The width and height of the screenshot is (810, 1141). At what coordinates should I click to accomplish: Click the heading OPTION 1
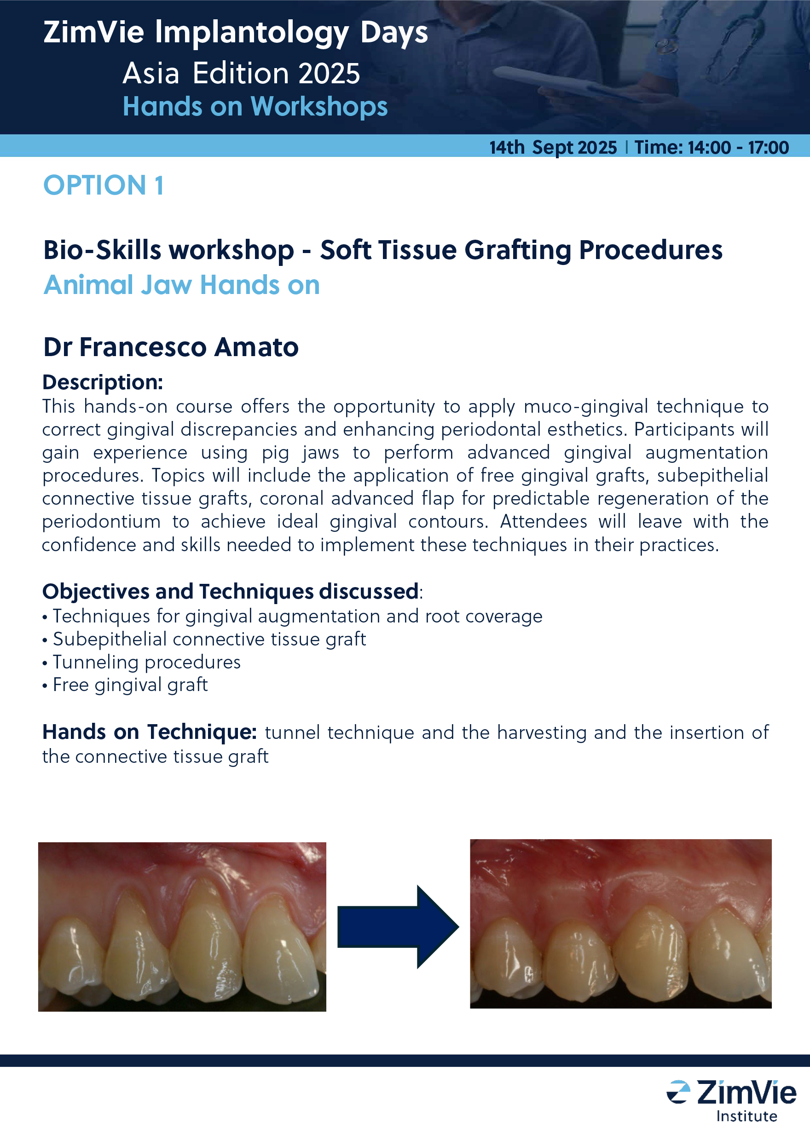[103, 185]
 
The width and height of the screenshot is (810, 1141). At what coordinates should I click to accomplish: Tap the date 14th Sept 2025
[553, 148]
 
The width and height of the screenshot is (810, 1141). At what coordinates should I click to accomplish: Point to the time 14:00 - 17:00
[738, 148]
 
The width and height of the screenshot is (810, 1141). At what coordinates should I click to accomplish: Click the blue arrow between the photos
[398, 927]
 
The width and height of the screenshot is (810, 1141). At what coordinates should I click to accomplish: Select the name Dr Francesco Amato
[171, 347]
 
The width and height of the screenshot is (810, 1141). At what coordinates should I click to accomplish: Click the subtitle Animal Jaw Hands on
[181, 285]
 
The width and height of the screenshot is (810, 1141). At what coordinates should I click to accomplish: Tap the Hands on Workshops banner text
[255, 107]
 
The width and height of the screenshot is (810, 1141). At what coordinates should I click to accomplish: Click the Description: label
[103, 383]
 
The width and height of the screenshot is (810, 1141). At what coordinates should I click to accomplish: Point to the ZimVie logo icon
[678, 1092]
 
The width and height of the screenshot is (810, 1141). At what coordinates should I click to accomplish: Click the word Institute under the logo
[746, 1116]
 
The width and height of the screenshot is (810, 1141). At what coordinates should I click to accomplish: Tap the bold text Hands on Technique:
[150, 732]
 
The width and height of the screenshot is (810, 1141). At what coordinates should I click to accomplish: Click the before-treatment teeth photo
[182, 927]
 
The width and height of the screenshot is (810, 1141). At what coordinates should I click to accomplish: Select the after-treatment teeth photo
[620, 924]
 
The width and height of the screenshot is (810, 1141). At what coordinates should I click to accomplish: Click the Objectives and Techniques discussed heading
[231, 592]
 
